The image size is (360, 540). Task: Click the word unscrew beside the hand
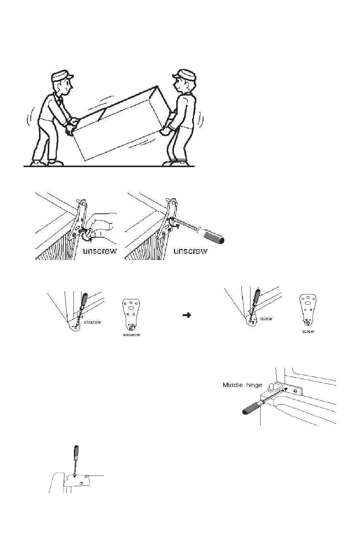pyautogui.click(x=100, y=251)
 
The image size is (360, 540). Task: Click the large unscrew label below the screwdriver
pyautogui.click(x=190, y=251)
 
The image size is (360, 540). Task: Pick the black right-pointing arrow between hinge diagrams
pyautogui.click(x=186, y=315)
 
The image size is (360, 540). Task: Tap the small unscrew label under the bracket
pyautogui.click(x=131, y=335)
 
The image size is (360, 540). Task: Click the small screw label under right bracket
pyautogui.click(x=308, y=332)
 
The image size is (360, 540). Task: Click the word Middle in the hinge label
pyautogui.click(x=232, y=385)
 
